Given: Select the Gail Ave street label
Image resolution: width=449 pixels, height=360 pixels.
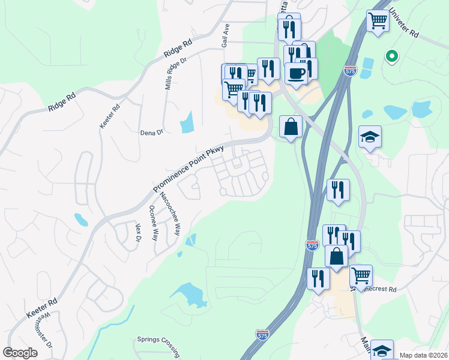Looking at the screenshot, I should [x=226, y=37].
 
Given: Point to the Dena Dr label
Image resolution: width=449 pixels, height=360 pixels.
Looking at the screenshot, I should [x=151, y=133].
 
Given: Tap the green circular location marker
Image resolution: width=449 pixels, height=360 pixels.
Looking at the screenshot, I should [x=392, y=56].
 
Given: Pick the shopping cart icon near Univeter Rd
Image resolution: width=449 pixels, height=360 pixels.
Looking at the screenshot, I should [x=378, y=21].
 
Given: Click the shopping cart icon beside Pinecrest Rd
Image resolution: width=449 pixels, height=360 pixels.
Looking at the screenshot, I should [x=361, y=275].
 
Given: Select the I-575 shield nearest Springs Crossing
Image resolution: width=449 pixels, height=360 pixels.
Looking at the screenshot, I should [x=262, y=334].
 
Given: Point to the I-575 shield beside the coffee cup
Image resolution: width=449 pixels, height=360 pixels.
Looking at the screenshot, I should [x=350, y=70].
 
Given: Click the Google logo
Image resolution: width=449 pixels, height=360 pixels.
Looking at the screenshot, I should [x=20, y=353].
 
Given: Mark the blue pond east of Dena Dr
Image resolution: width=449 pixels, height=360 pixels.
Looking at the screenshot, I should [x=187, y=122].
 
